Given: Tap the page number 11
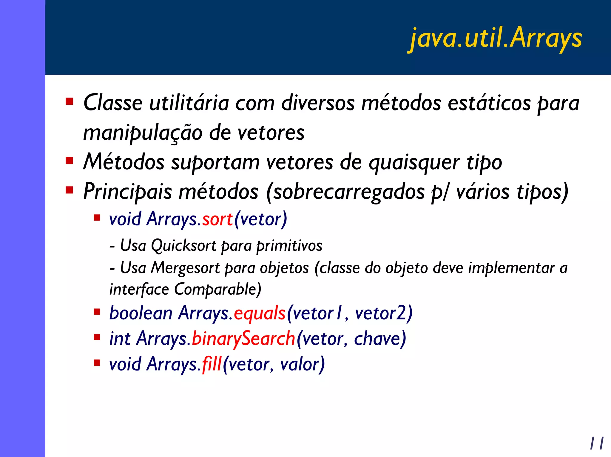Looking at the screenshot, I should point(597,443).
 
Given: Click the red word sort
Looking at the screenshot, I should point(217,219).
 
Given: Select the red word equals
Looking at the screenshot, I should point(260,313).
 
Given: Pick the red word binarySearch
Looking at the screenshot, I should point(243,339).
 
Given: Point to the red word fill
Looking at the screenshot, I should point(212,364).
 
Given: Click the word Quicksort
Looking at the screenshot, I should point(183,246).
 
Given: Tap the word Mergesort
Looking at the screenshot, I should point(185,268).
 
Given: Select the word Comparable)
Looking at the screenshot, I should point(217,289).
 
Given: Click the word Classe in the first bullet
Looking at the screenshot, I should point(113,103).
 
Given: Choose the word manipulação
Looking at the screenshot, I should point(143,133).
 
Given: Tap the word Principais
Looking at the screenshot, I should point(127,192).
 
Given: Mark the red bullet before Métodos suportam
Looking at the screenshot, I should point(69,161).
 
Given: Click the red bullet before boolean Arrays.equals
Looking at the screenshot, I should point(97,312).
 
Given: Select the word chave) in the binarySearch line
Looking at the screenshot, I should point(380,339).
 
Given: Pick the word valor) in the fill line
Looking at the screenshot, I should point(302,364).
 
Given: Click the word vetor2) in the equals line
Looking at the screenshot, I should point(384,313).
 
